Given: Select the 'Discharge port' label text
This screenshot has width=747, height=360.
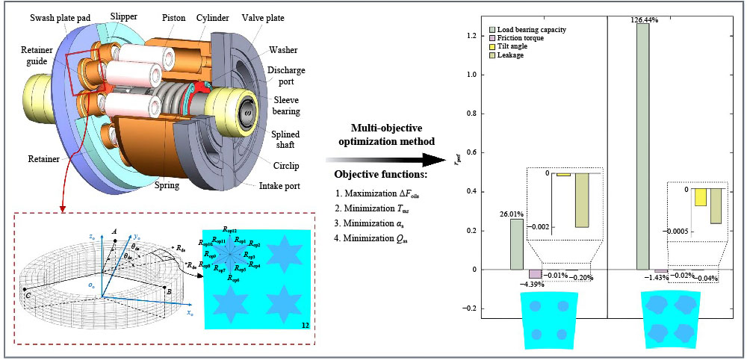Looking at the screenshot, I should coord(284,75).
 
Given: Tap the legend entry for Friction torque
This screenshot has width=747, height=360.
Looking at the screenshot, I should coord(527,39).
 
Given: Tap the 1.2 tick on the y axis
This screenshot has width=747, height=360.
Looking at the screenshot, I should coord(471,35).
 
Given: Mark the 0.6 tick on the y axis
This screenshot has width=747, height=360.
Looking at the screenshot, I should coord(471,152).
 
